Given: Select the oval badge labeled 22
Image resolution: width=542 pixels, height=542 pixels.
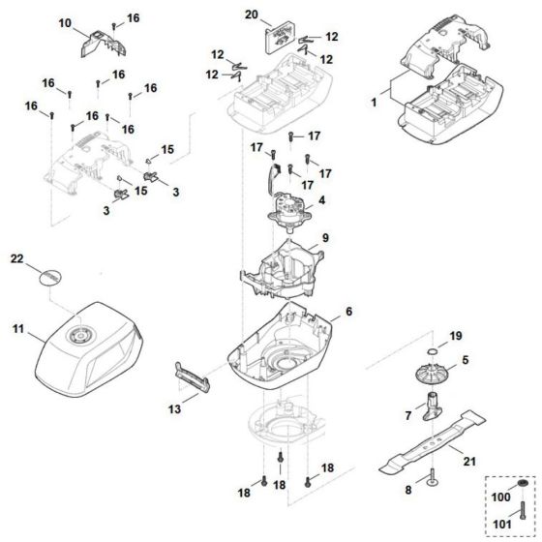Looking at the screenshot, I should pyautogui.click(x=48, y=276).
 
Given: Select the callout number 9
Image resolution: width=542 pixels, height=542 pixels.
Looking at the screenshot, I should pyautogui.click(x=326, y=237).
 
